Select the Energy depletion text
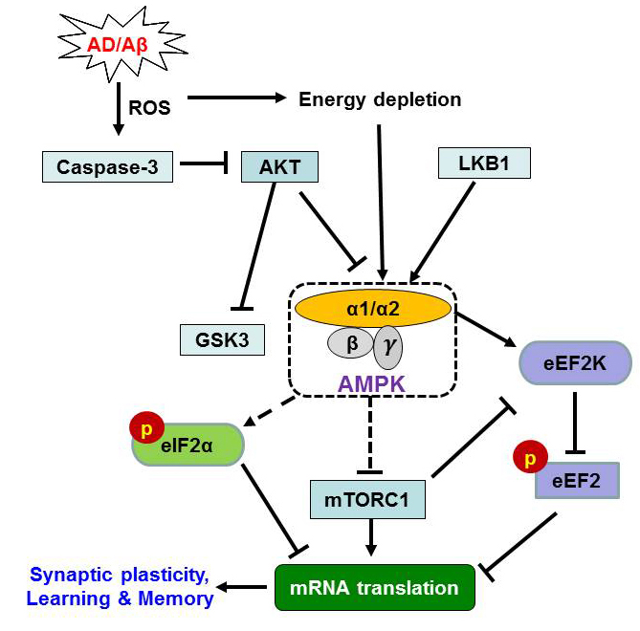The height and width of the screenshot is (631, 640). click(380, 98)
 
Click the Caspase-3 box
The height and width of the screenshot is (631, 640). click(108, 166)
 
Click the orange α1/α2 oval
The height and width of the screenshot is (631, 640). click(374, 308)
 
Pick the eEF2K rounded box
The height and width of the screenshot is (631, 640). click(576, 363)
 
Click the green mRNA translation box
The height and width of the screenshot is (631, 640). click(375, 586)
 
